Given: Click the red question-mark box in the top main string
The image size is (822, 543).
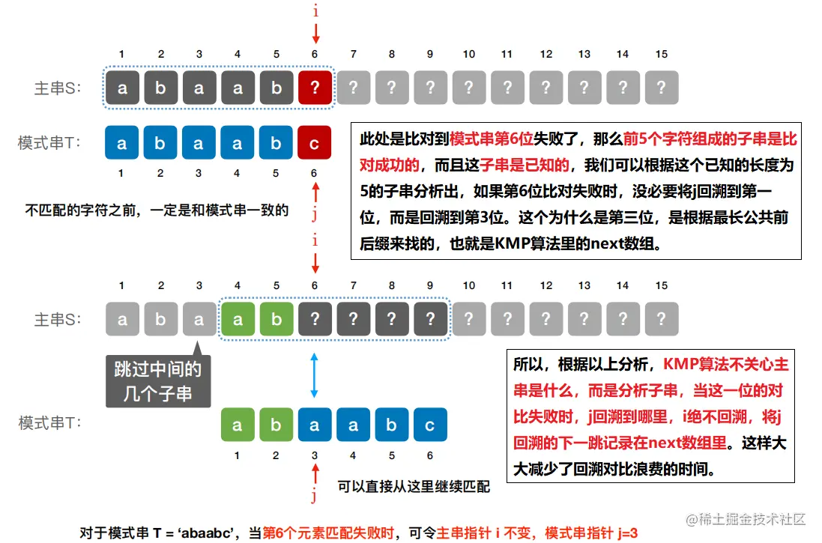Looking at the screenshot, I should pos(315,88).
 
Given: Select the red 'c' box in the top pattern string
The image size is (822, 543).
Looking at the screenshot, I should pos(315,142).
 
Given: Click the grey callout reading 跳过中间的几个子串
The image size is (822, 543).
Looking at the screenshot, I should pos(157,380).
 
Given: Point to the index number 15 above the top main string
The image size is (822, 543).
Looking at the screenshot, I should pos(661,54).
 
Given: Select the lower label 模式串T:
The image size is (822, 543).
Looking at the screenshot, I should pos(50,423).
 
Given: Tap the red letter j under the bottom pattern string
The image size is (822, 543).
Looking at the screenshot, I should pos(315,496).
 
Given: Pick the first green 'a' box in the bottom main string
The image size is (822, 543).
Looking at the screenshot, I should pos(238,320).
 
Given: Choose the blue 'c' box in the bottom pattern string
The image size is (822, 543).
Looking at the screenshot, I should pos(430,425).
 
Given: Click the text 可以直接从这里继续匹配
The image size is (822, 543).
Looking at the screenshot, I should pos(414,487).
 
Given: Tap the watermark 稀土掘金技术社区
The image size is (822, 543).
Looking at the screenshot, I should pos(749,519).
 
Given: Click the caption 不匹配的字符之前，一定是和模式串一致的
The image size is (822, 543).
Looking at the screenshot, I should pos(157,210).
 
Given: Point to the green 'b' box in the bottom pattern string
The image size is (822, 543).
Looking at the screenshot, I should pos(276,425).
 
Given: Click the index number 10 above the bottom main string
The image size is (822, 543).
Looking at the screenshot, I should pos(469,285).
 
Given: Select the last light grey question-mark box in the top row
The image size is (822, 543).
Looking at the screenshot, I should pos(661,88).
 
